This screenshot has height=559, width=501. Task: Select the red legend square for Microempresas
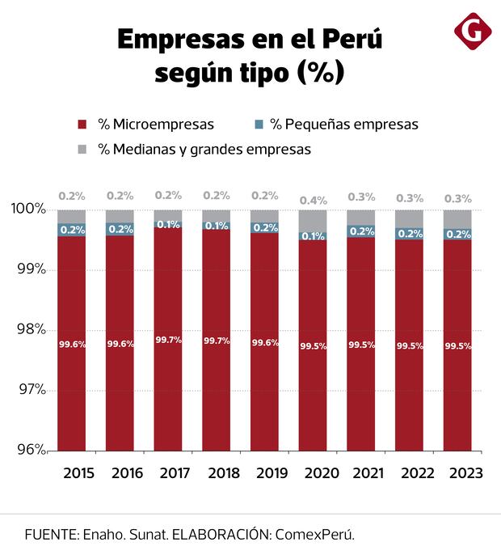click(82, 125)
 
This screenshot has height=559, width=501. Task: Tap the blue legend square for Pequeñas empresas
click(259, 125)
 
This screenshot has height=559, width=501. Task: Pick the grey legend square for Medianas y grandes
click(82, 150)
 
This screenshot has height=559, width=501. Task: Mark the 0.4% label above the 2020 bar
click(313, 200)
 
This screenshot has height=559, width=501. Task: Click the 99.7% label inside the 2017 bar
click(168, 341)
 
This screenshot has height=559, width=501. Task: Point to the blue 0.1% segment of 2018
click(217, 226)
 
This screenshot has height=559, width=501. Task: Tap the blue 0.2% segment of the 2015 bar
click(72, 230)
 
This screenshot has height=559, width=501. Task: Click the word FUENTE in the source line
click(49, 535)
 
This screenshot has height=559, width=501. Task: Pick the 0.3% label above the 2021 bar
click(361, 197)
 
